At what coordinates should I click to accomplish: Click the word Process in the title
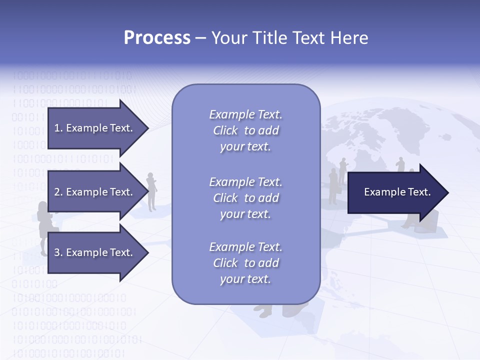pos(157,38)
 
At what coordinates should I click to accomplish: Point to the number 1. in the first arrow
pos(58,128)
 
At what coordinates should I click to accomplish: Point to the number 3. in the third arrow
pos(58,252)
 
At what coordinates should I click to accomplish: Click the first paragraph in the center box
pos(245,130)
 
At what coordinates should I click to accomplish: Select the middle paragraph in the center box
pos(245,198)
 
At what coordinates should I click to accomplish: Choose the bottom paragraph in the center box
pos(245,263)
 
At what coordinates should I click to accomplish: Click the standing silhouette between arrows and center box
pos(151,192)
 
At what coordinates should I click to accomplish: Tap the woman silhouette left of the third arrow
pos(42,227)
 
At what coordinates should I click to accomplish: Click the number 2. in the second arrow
pos(58,192)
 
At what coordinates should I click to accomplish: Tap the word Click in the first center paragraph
pos(225,130)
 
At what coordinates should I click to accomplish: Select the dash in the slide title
pos(200,38)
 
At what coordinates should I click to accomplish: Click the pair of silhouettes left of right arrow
pos(337,180)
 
